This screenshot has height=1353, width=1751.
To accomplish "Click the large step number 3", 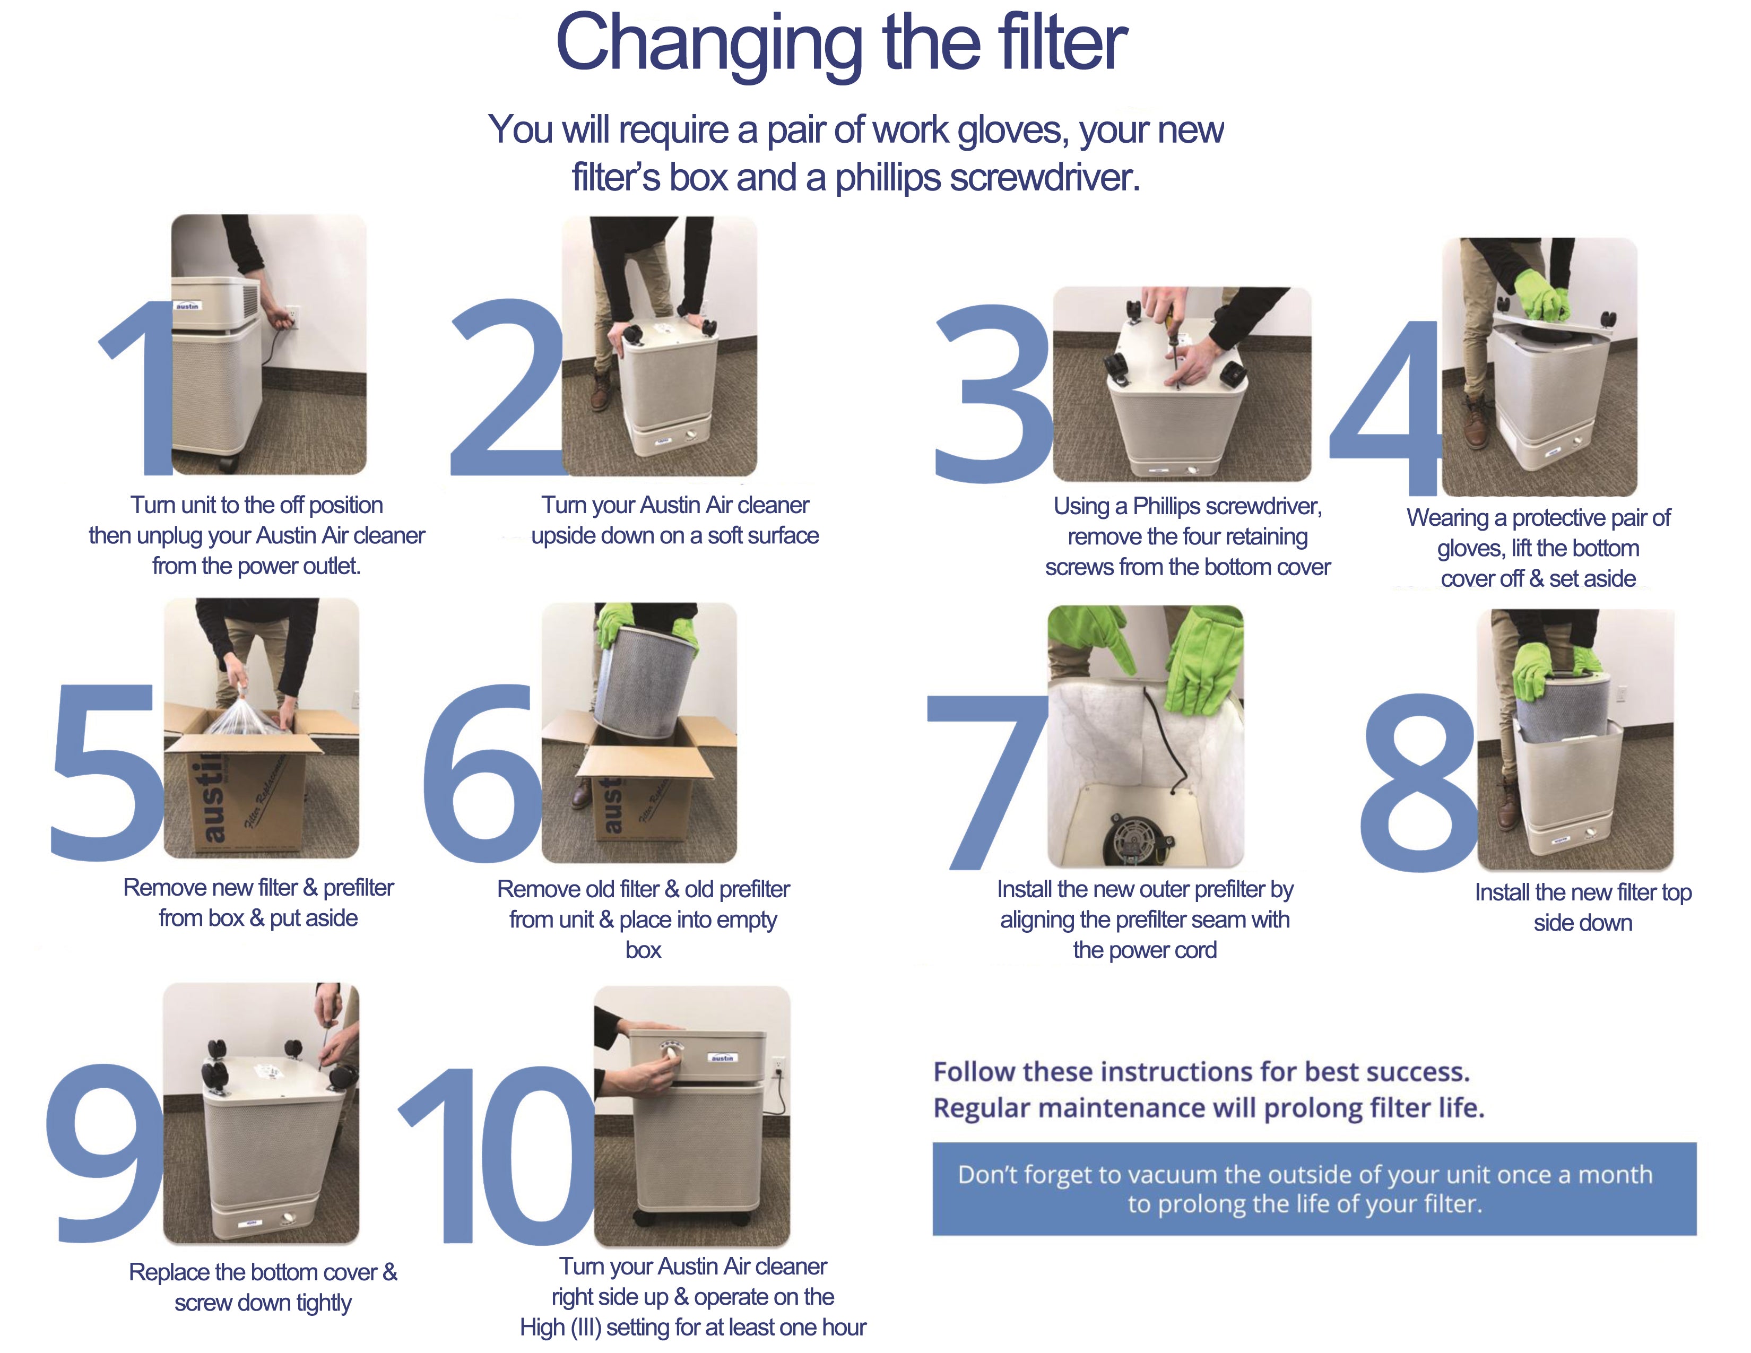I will pos(993,395).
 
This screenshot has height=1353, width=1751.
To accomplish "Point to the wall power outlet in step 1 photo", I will pos(292,315).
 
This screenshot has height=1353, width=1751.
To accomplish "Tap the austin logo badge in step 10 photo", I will pos(722,1058).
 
